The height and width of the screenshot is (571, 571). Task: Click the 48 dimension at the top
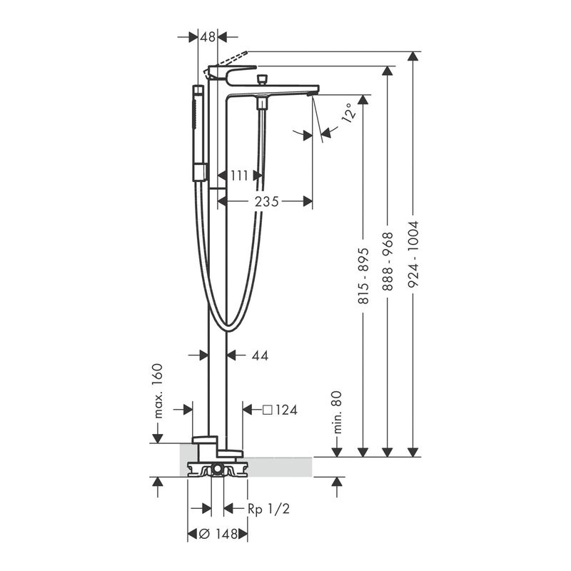(208, 37)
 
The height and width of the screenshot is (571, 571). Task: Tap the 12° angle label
(348, 113)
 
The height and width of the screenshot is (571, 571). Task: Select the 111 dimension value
(239, 176)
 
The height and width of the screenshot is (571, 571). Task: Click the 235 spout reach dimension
(266, 201)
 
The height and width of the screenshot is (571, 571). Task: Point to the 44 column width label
(260, 355)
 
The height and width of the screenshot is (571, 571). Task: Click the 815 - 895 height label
(363, 276)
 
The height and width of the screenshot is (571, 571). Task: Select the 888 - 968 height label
(388, 261)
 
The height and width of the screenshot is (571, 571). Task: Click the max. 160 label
(157, 390)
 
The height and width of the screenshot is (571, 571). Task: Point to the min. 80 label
(337, 412)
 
